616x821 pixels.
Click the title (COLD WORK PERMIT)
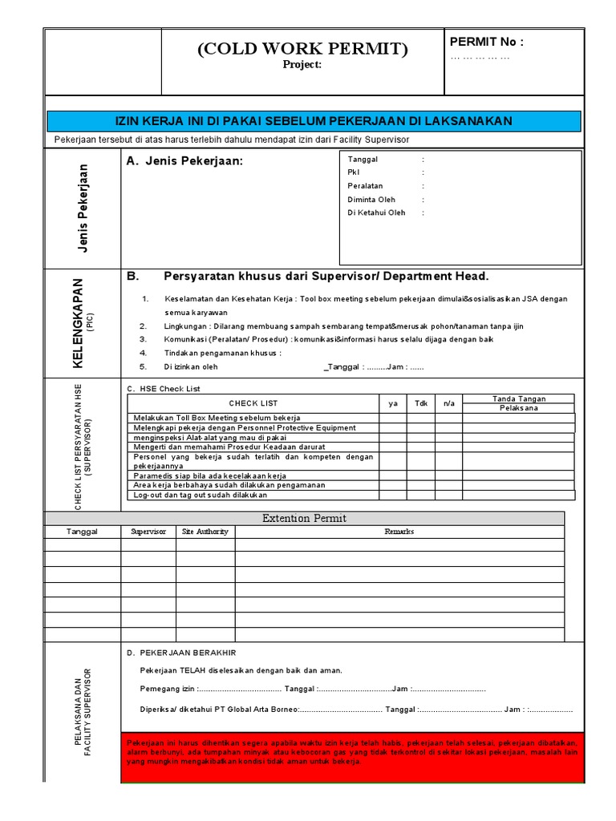coord(303,50)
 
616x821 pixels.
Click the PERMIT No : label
coord(487,42)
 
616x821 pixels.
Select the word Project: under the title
coord(303,66)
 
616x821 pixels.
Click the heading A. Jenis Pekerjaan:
coord(184,162)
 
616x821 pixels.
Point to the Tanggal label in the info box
coord(363,160)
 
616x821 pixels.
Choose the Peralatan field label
coord(366,186)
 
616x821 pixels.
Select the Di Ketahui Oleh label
coord(376,212)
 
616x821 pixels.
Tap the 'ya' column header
coord(393,403)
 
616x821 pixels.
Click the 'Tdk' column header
coord(420,403)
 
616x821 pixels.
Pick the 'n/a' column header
coord(448,403)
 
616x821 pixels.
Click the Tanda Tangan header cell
coord(518,398)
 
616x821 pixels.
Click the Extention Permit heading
coord(304,519)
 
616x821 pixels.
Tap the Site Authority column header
coord(205,532)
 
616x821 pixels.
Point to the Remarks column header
coord(399,532)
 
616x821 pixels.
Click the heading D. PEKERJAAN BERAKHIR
coord(181,653)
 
